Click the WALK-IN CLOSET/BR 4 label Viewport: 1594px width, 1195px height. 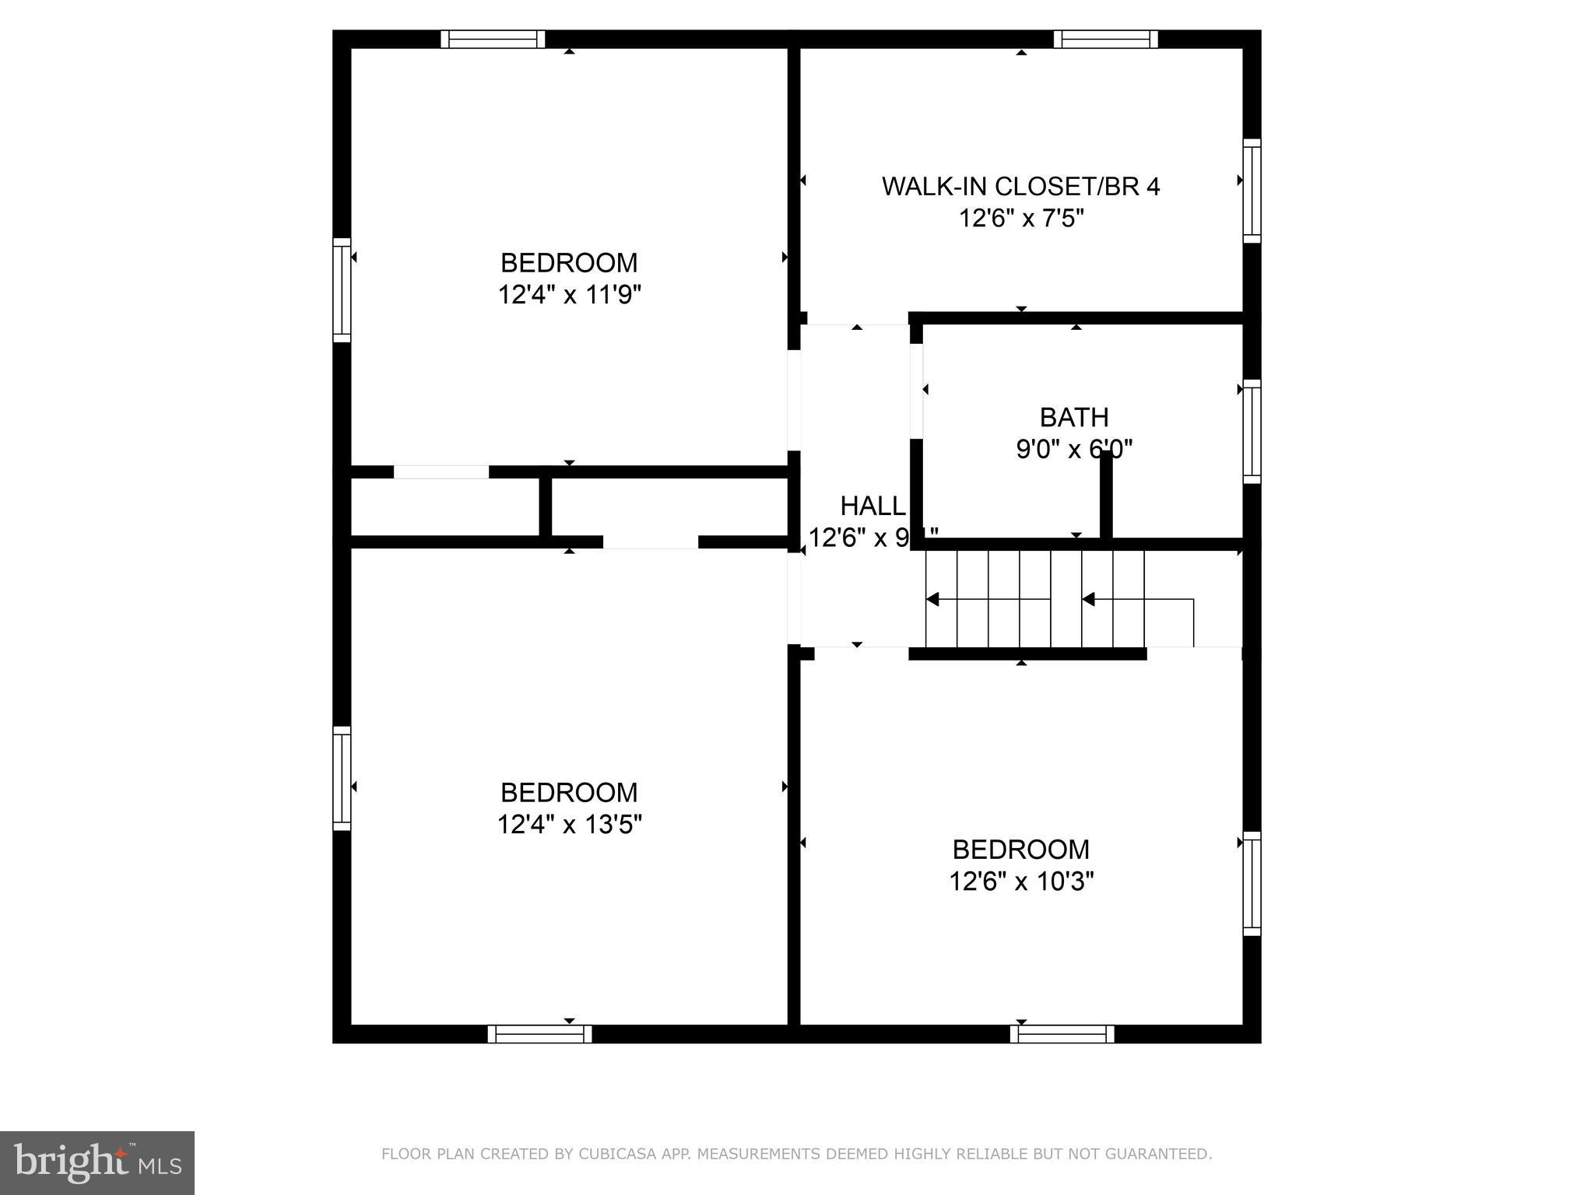click(1020, 187)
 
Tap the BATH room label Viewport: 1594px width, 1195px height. click(1074, 418)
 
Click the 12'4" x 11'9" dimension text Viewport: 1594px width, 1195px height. click(569, 295)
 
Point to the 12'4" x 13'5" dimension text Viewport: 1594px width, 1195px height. click(569, 824)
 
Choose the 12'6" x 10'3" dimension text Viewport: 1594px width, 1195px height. click(1021, 881)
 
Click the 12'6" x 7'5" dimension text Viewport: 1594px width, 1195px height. click(1020, 219)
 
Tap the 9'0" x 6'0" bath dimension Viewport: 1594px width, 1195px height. click(1074, 450)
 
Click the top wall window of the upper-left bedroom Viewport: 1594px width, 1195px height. click(493, 39)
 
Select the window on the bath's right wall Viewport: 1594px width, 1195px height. click(1252, 431)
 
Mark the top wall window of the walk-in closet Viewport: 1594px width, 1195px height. click(1106, 39)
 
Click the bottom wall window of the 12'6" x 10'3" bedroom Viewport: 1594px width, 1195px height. click(1062, 1034)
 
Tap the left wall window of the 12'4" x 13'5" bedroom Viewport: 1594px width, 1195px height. click(342, 778)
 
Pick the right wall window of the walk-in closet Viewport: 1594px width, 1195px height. click(1252, 191)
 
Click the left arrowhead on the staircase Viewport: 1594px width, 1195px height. click(932, 599)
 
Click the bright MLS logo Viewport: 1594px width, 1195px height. click(97, 1162)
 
